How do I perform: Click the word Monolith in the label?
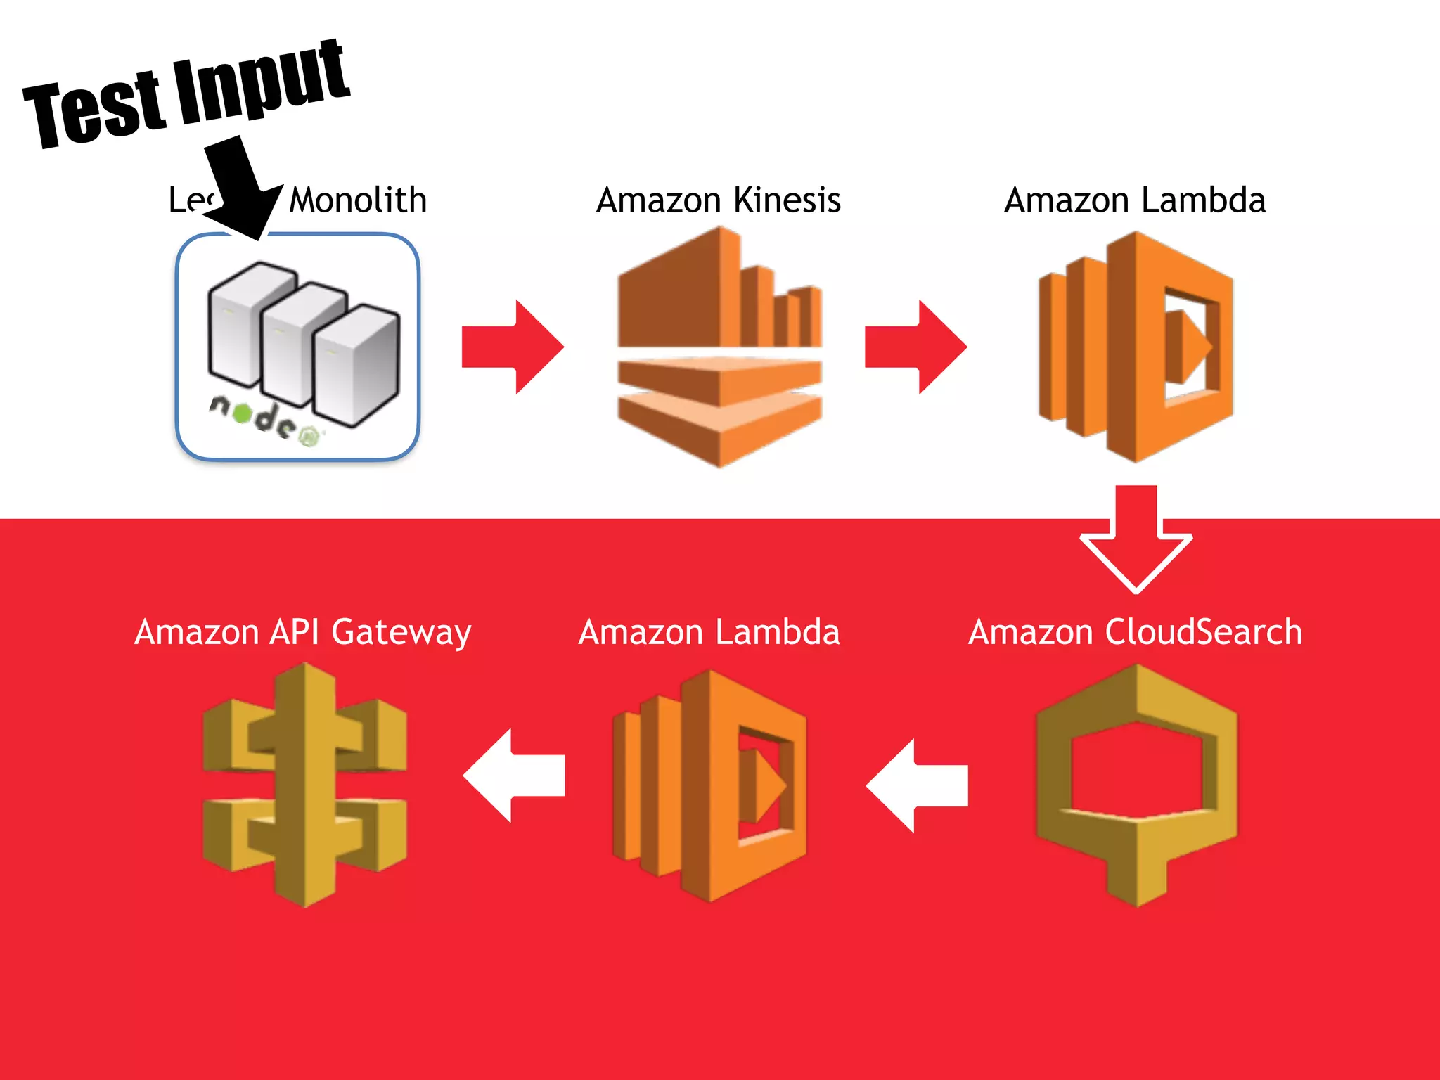(x=358, y=200)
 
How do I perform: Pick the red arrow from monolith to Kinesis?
(x=512, y=347)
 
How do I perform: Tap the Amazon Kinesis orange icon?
(x=719, y=347)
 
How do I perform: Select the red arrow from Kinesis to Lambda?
(x=915, y=347)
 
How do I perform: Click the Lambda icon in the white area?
(x=1136, y=347)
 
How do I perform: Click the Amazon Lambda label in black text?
(x=1135, y=200)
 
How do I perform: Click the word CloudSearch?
(x=1203, y=631)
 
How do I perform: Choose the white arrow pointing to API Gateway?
(x=513, y=776)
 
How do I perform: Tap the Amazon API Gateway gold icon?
(x=304, y=784)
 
